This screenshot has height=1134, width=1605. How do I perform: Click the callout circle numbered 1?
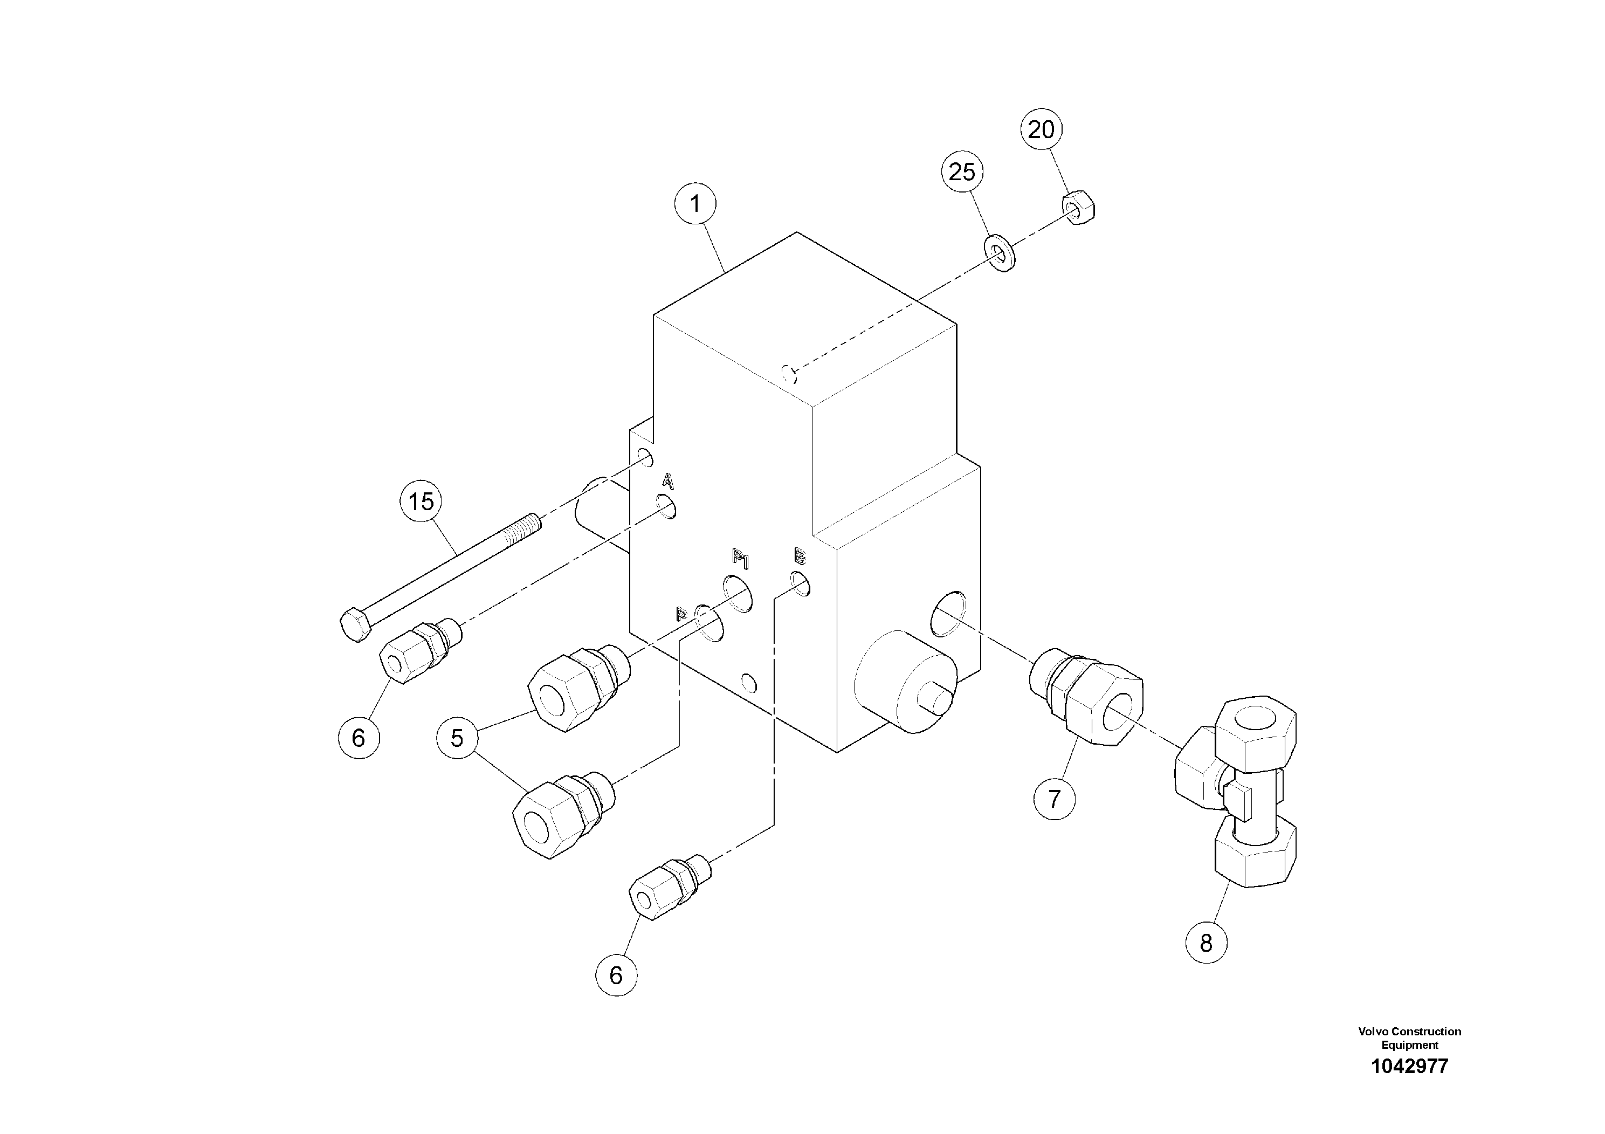(695, 204)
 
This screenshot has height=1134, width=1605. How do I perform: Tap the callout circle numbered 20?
(1041, 129)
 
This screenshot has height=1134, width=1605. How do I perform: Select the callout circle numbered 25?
(962, 171)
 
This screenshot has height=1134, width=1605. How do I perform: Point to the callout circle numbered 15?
(421, 501)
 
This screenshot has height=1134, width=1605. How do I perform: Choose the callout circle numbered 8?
(1206, 943)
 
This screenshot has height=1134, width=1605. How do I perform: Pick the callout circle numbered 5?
(457, 738)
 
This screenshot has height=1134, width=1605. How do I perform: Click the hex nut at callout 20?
(1079, 208)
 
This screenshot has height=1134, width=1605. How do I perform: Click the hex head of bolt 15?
(355, 624)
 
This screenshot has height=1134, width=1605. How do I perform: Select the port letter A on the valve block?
(667, 481)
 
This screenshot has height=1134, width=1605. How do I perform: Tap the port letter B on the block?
(799, 556)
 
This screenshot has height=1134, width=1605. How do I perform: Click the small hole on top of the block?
(790, 374)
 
